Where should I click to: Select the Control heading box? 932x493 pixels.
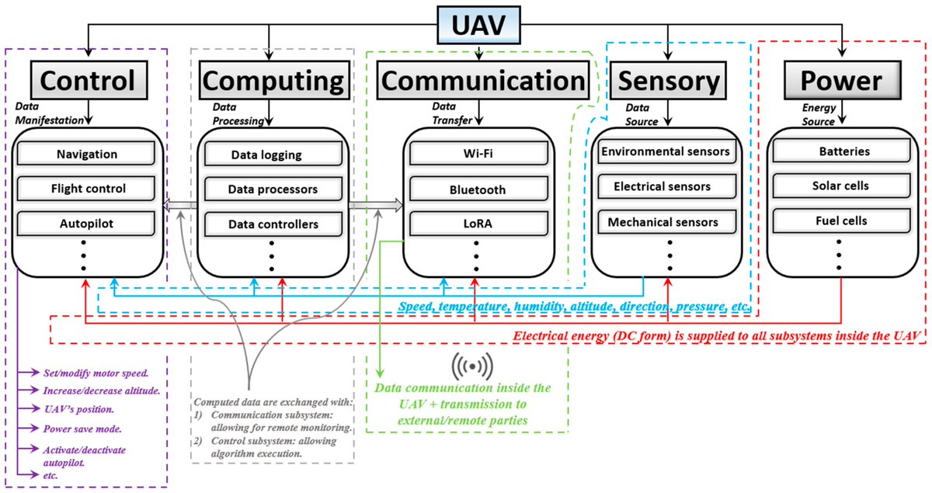[x=87, y=80]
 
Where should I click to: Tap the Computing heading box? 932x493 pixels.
[x=272, y=80]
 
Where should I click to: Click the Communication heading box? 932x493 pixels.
[x=482, y=80]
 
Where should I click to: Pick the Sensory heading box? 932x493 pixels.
[x=669, y=80]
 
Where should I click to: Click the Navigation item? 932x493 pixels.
[x=87, y=154]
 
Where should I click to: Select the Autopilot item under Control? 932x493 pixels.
[x=87, y=222]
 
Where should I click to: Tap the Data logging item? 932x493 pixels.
[x=266, y=154]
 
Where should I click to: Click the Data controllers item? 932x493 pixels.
[x=273, y=224]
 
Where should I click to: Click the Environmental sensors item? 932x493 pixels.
[x=665, y=151]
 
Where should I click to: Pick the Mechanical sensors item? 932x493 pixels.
[x=662, y=221]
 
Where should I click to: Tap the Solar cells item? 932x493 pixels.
[x=845, y=186]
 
